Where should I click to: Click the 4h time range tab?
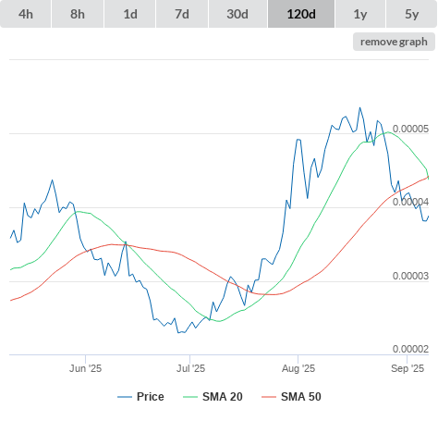click(x=26, y=14)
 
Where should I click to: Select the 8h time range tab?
click(x=78, y=14)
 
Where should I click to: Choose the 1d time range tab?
click(x=130, y=14)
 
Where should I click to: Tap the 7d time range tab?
click(x=182, y=14)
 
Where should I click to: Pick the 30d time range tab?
click(x=237, y=14)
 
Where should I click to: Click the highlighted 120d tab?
click(x=301, y=14)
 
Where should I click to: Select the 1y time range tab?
click(x=360, y=14)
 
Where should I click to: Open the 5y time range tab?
click(x=412, y=14)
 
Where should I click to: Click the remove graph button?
click(x=394, y=42)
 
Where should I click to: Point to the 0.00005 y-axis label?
click(x=410, y=129)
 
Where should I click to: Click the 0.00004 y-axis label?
click(x=410, y=202)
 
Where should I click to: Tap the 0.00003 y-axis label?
click(x=410, y=276)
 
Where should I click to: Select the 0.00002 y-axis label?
click(x=410, y=349)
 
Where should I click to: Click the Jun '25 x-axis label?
click(x=85, y=368)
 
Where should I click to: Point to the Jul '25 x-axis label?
click(x=190, y=368)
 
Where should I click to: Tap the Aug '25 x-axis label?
click(x=298, y=368)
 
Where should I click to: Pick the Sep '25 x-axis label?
click(x=408, y=368)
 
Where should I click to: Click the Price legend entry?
click(x=140, y=397)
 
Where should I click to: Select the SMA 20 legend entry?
click(x=213, y=397)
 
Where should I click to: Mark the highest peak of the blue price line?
click(x=359, y=107)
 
